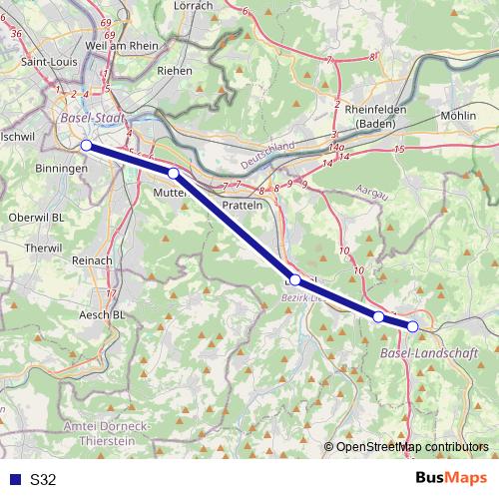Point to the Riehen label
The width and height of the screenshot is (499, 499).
click(175, 72)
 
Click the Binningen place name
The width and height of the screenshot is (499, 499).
click(62, 170)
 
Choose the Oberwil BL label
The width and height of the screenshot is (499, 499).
click(35, 217)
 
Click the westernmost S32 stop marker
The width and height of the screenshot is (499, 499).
click(86, 146)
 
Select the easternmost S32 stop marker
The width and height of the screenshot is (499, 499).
click(413, 326)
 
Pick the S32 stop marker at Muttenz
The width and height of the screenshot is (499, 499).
click(173, 174)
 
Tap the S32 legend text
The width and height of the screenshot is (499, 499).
click(43, 479)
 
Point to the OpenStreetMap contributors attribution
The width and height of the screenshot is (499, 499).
click(412, 446)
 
